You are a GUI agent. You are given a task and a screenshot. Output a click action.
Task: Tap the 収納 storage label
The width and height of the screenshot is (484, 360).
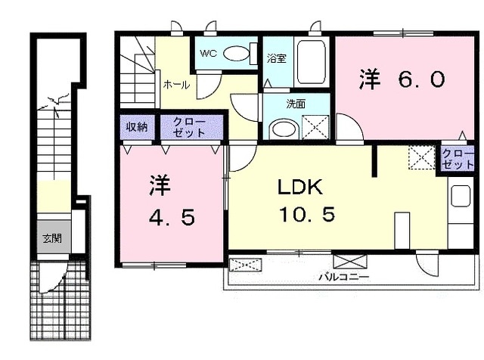[x=136, y=126]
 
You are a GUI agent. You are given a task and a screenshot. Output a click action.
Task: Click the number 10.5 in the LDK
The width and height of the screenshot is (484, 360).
[x=306, y=216]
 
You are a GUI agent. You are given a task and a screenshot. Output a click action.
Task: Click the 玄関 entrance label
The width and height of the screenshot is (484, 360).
[x=51, y=239]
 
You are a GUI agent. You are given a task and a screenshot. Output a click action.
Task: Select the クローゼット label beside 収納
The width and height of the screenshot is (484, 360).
[x=188, y=126]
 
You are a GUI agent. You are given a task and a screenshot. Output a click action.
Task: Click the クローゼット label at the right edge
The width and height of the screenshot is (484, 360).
[x=458, y=159]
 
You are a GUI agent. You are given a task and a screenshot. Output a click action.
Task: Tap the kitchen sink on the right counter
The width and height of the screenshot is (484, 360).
[x=459, y=199]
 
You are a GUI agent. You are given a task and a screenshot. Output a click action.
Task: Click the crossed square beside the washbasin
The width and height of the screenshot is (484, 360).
[x=316, y=126]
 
